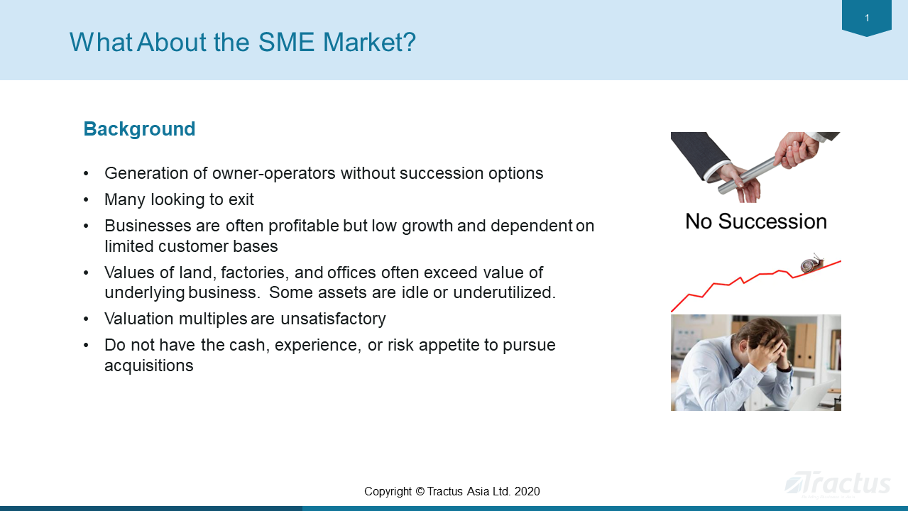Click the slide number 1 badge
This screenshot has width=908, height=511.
click(867, 18)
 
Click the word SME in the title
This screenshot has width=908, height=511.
click(286, 42)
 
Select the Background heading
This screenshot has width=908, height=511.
click(139, 129)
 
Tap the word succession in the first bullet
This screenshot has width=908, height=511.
click(442, 173)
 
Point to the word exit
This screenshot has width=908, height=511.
click(241, 199)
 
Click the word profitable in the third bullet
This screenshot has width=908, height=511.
click(304, 226)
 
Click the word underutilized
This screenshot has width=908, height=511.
click(504, 292)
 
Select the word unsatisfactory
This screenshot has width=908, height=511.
click(333, 319)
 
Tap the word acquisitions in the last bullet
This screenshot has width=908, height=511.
click(149, 366)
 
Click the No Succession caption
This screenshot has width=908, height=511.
click(756, 221)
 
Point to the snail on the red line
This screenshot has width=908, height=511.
click(812, 263)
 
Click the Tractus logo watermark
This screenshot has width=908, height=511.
click(838, 485)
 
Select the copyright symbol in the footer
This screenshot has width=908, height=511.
click(420, 492)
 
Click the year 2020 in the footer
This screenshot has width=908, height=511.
click(527, 492)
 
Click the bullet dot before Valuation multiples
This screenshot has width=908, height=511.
click(86, 319)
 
